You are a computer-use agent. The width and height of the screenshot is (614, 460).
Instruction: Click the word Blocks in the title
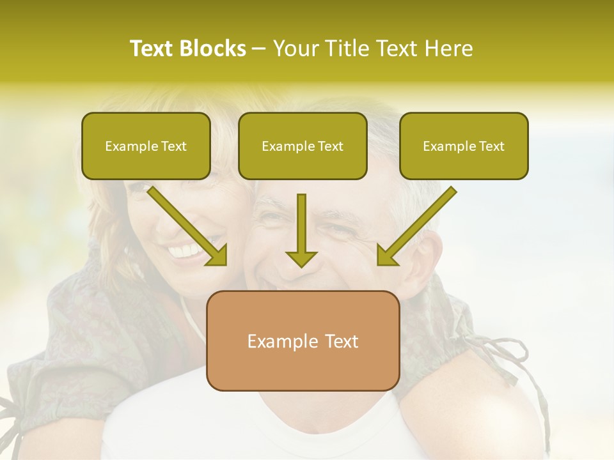[x=212, y=49]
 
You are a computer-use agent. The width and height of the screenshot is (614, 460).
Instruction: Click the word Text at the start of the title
[x=153, y=49]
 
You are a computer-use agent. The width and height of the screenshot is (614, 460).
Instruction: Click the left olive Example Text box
[x=146, y=146]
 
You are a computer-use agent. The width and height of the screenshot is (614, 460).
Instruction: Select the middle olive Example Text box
[x=303, y=146]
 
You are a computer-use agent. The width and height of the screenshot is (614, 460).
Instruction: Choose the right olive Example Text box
[x=464, y=146]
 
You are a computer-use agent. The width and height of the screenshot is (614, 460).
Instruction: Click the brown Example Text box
[x=303, y=341]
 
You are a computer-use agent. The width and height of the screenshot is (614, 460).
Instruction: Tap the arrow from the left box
[x=186, y=224]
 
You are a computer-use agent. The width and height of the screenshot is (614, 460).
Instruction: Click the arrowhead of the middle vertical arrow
[x=301, y=258]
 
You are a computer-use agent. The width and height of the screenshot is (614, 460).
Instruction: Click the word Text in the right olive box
[x=491, y=146]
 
